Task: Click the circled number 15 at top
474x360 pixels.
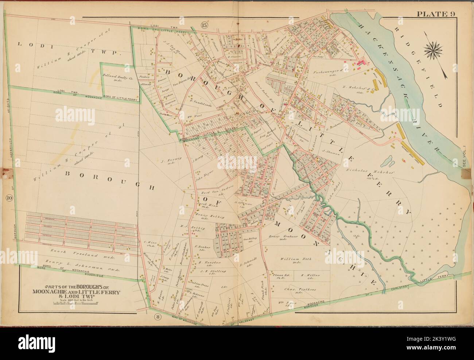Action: [203, 25]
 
